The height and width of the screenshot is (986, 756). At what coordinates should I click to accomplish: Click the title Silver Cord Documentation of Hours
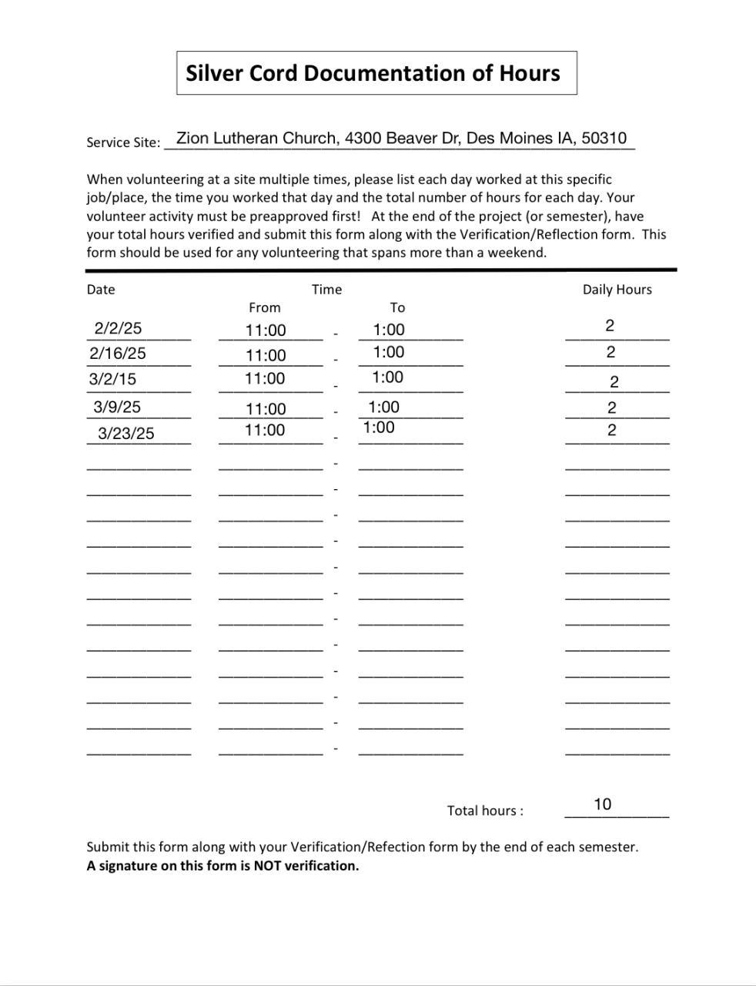[x=373, y=73]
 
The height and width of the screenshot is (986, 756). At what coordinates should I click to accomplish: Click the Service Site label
[x=123, y=143]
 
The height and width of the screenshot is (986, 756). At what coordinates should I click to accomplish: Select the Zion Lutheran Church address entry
[x=401, y=139]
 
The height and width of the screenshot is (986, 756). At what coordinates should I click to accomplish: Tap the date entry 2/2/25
[x=118, y=328]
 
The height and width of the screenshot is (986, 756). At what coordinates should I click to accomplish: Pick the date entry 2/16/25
[x=118, y=354]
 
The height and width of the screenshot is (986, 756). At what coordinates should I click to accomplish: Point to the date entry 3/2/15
[x=112, y=379]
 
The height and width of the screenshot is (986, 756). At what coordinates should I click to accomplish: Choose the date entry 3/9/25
[x=117, y=407]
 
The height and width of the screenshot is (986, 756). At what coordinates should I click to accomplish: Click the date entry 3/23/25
[x=125, y=434]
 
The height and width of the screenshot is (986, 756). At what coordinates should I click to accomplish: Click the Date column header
[x=101, y=290]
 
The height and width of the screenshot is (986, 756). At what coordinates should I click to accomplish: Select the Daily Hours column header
[x=617, y=290]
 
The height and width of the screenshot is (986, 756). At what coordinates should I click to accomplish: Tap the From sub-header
[x=264, y=307]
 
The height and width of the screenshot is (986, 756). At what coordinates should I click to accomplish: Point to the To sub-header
[x=397, y=307]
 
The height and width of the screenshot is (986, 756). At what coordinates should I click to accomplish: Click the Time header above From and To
[x=326, y=290]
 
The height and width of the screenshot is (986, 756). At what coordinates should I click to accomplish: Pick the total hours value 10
[x=602, y=804]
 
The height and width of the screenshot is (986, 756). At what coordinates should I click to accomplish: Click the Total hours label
[x=485, y=810]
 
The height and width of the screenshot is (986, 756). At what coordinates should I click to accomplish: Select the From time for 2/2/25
[x=266, y=330]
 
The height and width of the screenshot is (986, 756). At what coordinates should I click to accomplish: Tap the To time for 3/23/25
[x=379, y=428]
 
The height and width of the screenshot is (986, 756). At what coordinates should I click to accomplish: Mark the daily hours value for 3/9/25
[x=611, y=407]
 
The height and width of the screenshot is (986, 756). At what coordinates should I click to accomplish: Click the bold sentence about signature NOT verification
[x=222, y=865]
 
